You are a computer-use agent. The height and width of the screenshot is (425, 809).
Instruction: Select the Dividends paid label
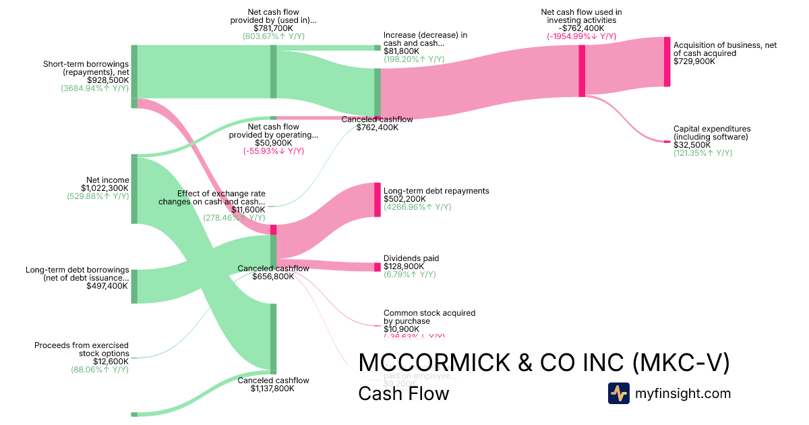click(411, 258)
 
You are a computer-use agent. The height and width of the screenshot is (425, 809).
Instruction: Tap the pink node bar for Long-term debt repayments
click(378, 200)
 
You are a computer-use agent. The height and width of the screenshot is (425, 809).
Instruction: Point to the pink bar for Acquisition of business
click(667, 62)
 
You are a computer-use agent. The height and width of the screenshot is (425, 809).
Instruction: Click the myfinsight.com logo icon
click(618, 393)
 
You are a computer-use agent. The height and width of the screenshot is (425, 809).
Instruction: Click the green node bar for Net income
click(134, 189)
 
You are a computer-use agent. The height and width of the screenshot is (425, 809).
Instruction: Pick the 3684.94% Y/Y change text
click(95, 88)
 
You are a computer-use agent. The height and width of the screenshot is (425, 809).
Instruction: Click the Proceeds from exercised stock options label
click(82, 349)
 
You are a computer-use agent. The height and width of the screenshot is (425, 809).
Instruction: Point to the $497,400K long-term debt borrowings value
click(107, 286)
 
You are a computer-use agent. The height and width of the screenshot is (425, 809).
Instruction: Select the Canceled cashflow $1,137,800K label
click(274, 385)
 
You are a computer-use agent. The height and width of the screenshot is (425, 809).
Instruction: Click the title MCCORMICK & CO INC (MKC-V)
click(544, 363)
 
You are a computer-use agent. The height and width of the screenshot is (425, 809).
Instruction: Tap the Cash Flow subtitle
click(403, 393)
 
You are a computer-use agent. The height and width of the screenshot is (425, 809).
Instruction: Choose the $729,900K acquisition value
click(694, 61)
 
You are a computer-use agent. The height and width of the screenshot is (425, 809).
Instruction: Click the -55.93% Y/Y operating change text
click(274, 151)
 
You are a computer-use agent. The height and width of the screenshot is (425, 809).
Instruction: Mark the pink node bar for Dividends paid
click(378, 267)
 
